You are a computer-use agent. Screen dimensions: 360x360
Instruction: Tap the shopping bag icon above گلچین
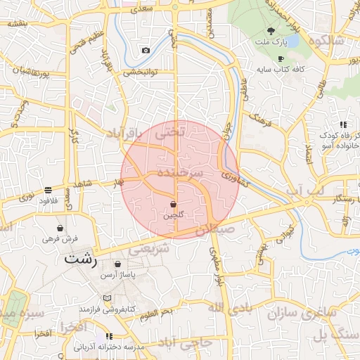tap(173, 204)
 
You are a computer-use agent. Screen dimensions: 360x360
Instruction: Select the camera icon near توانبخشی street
tap(146, 50)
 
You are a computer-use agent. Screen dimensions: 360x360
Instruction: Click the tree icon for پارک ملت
tap(271, 30)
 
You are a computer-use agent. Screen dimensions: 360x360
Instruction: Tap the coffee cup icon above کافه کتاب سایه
tap(281, 58)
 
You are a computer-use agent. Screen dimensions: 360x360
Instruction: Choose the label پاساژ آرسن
tap(117, 274)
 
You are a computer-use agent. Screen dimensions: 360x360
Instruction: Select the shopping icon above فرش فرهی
tap(60, 229)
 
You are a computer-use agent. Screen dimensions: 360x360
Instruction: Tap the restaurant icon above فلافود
tap(48, 190)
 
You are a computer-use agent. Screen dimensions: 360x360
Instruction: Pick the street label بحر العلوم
tap(156, 310)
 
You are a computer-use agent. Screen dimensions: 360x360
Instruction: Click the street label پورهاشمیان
tap(30, 71)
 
